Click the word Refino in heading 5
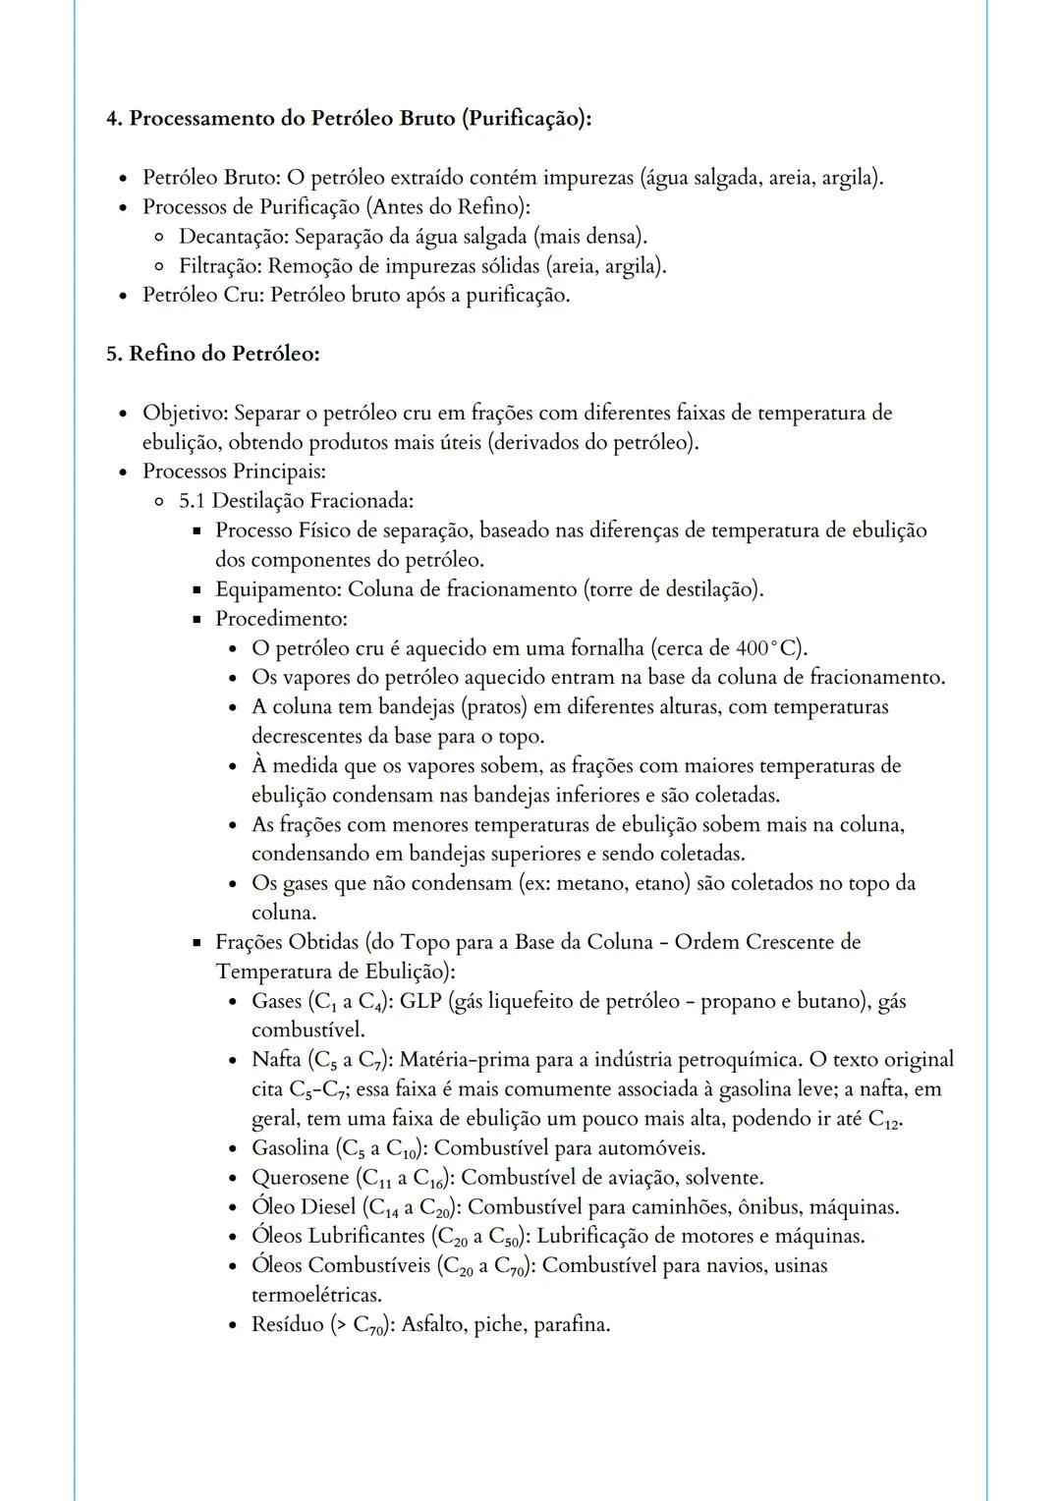tap(162, 354)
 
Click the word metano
tap(589, 883)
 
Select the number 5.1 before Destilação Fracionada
tap(193, 501)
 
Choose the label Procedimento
tap(280, 619)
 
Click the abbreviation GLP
tap(420, 1001)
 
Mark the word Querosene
tap(300, 1177)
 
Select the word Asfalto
tap(432, 1324)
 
